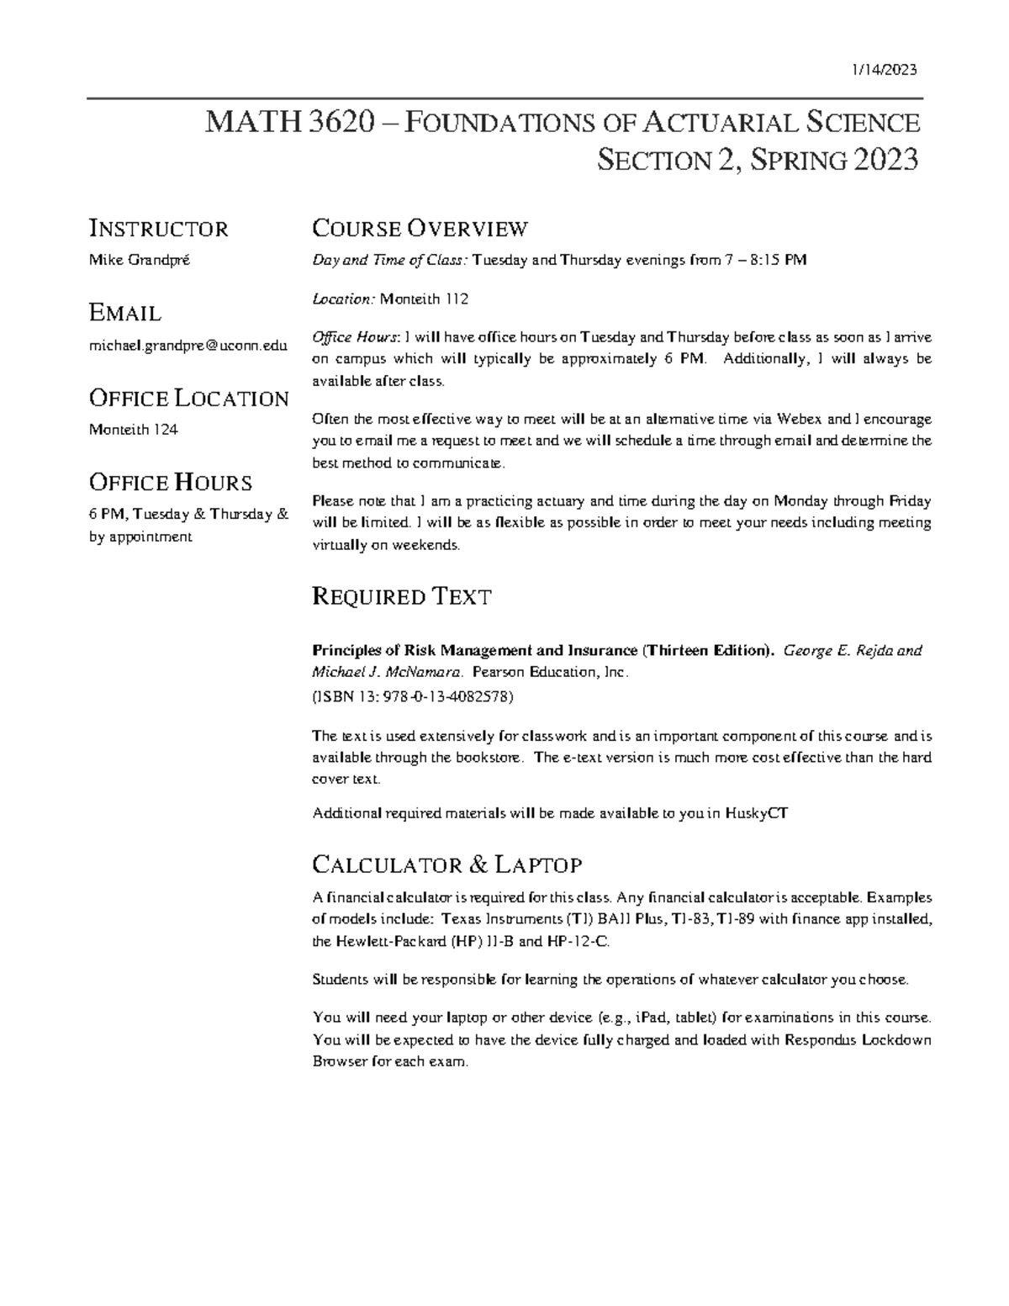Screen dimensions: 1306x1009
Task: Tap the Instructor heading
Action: [158, 229]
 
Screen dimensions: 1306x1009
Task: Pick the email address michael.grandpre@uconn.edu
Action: [188, 346]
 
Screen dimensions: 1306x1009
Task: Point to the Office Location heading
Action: [188, 399]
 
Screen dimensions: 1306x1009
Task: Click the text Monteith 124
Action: [133, 430]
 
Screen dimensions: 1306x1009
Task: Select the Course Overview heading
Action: [420, 228]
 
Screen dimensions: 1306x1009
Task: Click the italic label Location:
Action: [343, 299]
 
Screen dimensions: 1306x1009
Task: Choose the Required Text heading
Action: [401, 597]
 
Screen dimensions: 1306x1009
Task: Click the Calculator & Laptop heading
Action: [446, 864]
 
